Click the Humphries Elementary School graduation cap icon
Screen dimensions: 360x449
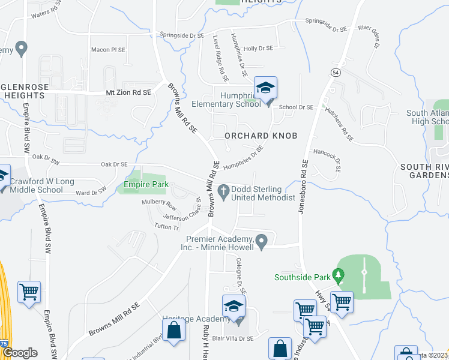pyautogui.click(x=265, y=88)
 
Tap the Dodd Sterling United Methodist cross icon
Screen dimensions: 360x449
pyautogui.click(x=223, y=191)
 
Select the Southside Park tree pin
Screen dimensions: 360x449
pyautogui.click(x=339, y=277)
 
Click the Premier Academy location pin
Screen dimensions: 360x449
pyautogui.click(x=261, y=241)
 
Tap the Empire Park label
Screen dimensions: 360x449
pyautogui.click(x=146, y=185)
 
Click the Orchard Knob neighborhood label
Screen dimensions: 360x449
pyautogui.click(x=261, y=136)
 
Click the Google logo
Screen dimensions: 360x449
pyautogui.click(x=20, y=353)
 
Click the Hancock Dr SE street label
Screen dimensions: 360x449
pyautogui.click(x=327, y=161)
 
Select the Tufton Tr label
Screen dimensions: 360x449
pyautogui.click(x=167, y=227)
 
